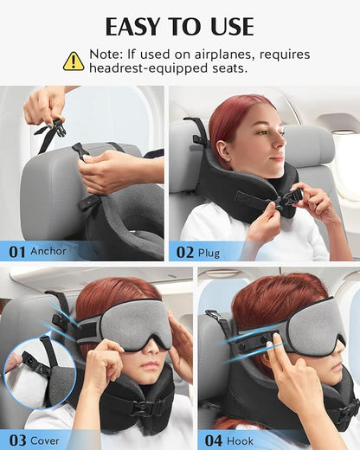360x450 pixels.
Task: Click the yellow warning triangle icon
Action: click(74, 61)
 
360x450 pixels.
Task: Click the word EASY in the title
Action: click(141, 25)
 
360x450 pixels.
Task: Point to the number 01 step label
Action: click(17, 252)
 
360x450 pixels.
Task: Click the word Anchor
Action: click(48, 252)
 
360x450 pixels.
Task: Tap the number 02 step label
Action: click(185, 252)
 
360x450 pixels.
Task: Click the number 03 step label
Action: click(17, 440)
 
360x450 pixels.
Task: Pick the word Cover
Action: click(47, 440)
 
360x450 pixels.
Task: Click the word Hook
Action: click(240, 440)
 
